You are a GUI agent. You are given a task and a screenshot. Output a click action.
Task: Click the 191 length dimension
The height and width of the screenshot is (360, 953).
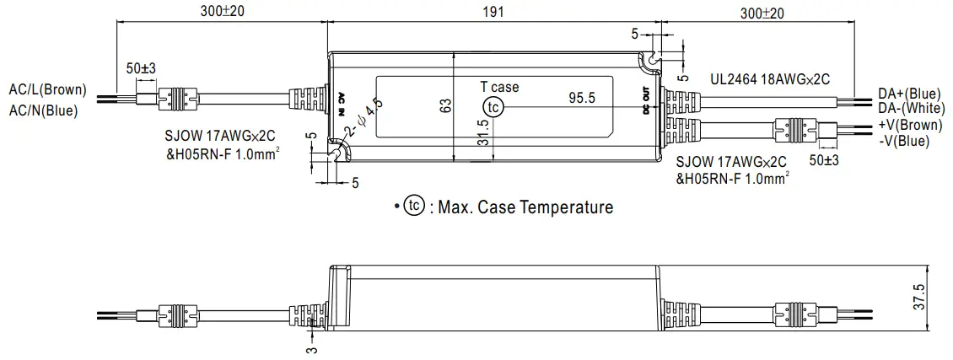[x=493, y=12]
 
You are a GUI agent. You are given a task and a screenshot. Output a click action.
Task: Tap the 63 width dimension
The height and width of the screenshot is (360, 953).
[x=446, y=105]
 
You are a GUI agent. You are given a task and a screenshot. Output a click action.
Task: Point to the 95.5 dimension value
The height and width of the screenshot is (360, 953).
[x=582, y=99]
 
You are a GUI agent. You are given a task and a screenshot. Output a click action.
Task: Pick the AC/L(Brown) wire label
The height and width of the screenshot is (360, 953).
[x=47, y=89]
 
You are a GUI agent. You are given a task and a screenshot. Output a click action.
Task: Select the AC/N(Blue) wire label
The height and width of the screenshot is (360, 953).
[x=43, y=109]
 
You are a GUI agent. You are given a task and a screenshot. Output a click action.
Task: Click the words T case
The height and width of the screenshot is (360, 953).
[x=499, y=87]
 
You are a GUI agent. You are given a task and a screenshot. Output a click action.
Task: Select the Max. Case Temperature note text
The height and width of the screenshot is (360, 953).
[x=520, y=207]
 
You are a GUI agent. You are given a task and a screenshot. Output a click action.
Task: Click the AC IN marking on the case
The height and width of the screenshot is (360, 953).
[x=342, y=103]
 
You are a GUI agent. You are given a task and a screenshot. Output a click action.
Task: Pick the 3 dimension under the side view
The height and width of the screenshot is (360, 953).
[x=311, y=349]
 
